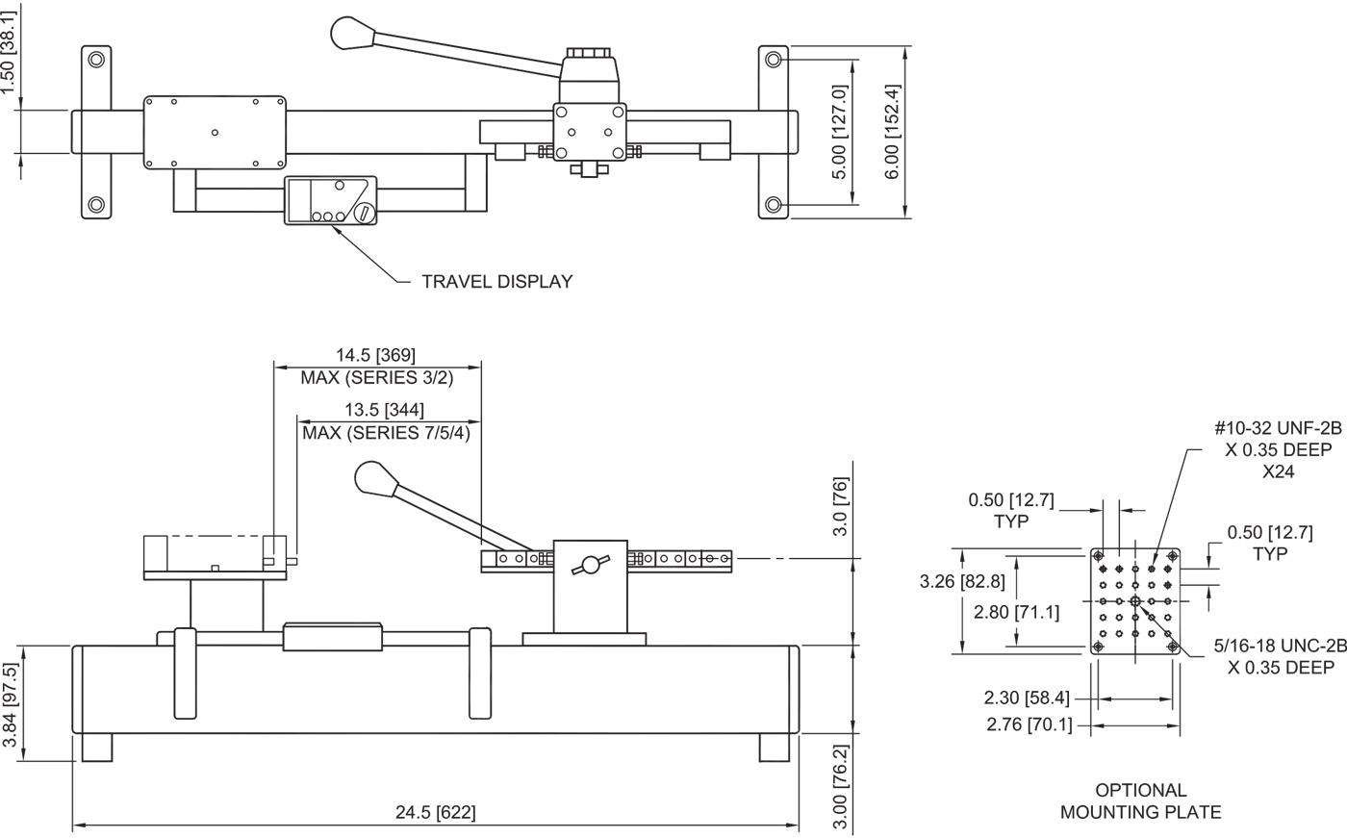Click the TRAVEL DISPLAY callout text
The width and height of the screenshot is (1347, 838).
(x=497, y=282)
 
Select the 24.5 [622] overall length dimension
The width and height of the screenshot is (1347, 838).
(x=435, y=812)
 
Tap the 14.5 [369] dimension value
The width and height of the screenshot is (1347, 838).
(x=376, y=355)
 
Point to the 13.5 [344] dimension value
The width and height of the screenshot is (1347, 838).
(x=384, y=410)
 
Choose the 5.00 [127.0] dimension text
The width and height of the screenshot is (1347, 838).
(x=839, y=132)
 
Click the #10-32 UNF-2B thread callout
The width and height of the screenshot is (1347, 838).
(x=1281, y=430)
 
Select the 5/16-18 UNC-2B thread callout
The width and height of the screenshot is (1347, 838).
(x=1281, y=648)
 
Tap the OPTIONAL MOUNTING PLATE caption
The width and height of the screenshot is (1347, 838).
(x=1141, y=801)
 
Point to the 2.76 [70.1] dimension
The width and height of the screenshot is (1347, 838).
(x=1029, y=724)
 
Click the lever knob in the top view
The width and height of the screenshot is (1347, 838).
(x=348, y=33)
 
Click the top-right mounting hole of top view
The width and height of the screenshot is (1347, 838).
(x=774, y=60)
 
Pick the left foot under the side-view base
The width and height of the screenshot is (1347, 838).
(x=96, y=748)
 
